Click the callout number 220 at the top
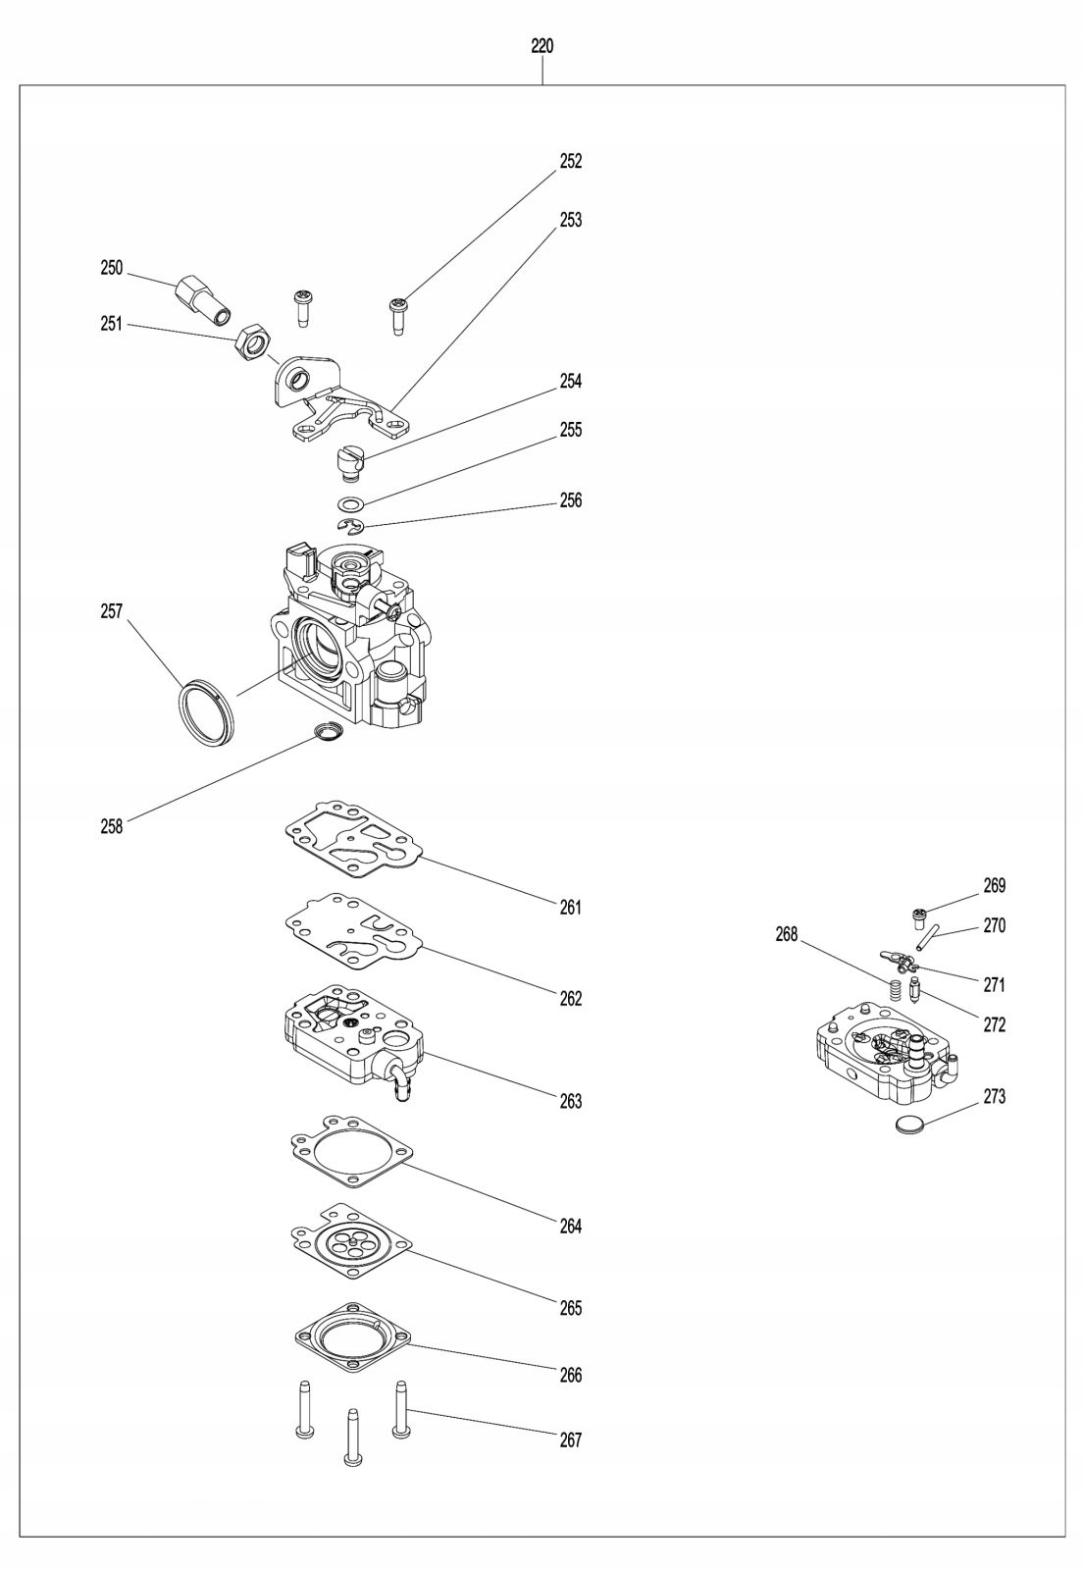pos(541,46)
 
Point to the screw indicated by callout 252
pos(398,314)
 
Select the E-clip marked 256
pos(351,528)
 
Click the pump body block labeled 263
pos(351,1042)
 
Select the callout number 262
pos(571,998)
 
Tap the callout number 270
pos(994,925)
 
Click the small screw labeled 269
pos(919,918)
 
